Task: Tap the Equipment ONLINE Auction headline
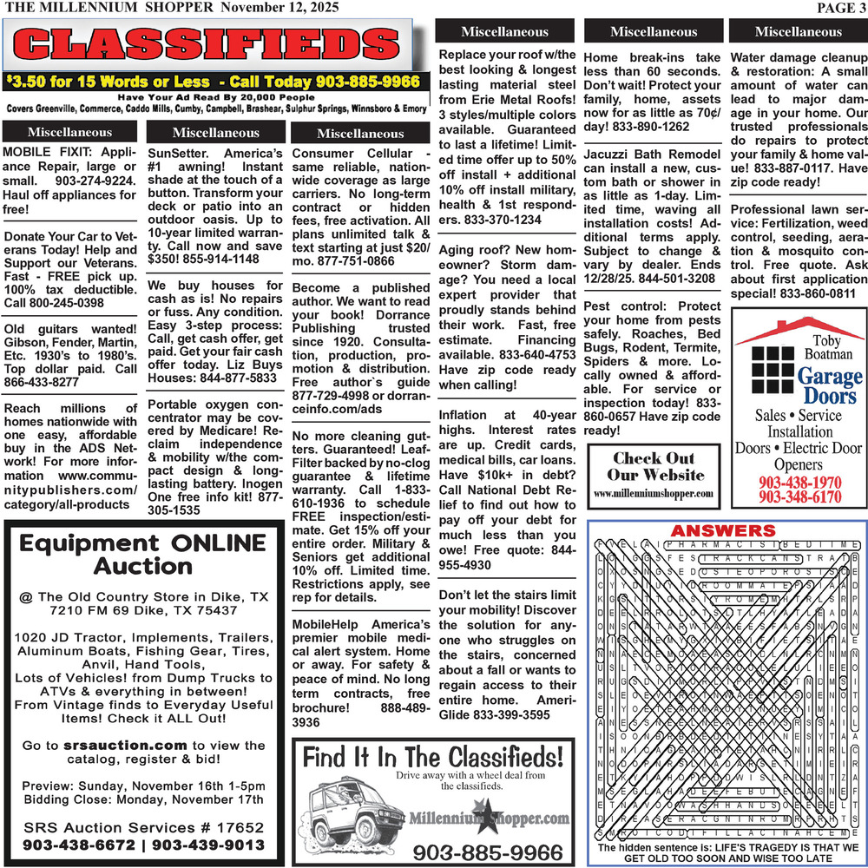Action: [x=144, y=555]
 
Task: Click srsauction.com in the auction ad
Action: [x=125, y=745]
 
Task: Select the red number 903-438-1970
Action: [x=799, y=483]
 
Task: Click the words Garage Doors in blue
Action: [x=830, y=385]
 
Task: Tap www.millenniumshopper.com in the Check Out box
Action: [x=654, y=494]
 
